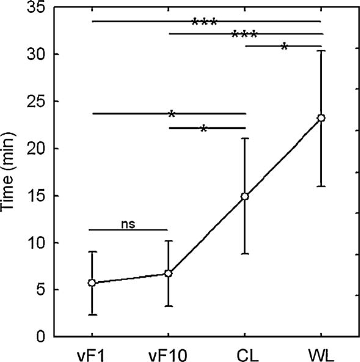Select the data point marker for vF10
[168, 273]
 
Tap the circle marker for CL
[245, 196]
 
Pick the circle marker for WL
[321, 118]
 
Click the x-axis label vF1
[92, 353]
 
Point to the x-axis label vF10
[168, 353]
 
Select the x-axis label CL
[245, 353]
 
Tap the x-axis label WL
[321, 353]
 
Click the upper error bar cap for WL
[321, 51]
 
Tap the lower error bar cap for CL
[245, 254]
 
